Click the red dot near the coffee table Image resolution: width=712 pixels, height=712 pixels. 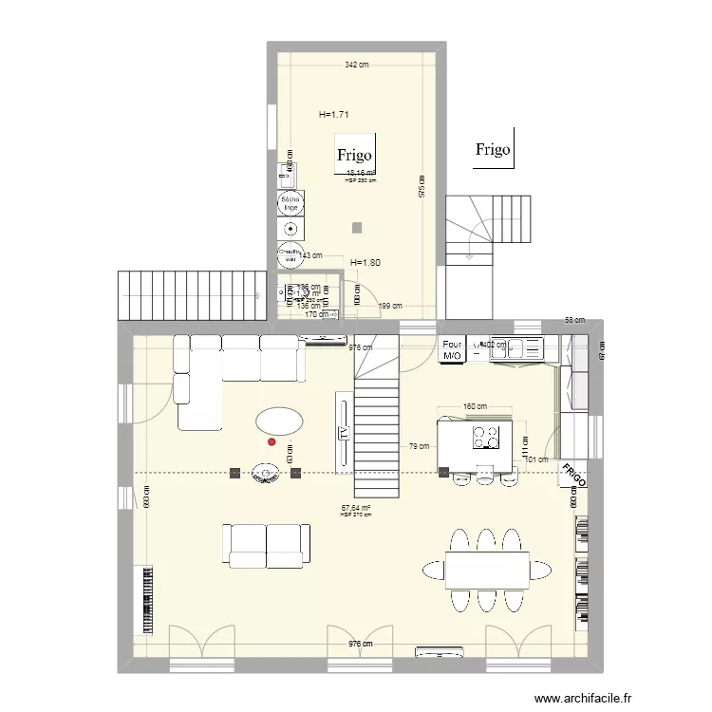[x=272, y=441]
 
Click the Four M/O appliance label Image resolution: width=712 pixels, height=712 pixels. [x=452, y=350]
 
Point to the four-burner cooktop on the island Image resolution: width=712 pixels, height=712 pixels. [x=487, y=436]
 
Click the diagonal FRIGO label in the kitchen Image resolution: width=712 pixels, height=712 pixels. [x=572, y=475]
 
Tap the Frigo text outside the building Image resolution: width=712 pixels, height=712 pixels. [x=494, y=149]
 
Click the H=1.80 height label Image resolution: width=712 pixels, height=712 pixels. [x=365, y=263]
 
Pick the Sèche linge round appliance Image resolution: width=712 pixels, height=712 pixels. [x=290, y=201]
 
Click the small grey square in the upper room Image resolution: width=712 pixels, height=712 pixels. [x=356, y=227]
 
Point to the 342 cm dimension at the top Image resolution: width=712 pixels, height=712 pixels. [x=356, y=65]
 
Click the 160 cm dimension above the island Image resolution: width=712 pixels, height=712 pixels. [x=475, y=407]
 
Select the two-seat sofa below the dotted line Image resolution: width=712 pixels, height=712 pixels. [x=267, y=545]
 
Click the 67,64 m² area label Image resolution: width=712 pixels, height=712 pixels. [x=356, y=509]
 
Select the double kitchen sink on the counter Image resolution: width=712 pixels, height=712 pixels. [x=522, y=347]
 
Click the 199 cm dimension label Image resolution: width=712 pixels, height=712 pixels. [x=390, y=307]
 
